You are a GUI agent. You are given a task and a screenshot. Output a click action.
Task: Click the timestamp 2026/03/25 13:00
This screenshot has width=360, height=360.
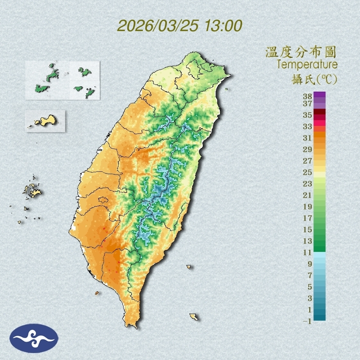click(180, 25)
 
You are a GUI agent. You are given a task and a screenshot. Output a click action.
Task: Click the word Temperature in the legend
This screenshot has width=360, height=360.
click(307, 65)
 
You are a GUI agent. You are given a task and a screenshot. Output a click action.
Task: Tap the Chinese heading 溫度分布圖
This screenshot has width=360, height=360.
click(301, 52)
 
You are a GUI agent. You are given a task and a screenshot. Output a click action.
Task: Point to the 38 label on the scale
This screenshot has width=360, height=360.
click(308, 97)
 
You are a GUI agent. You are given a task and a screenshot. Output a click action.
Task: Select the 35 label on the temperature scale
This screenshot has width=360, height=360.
click(308, 115)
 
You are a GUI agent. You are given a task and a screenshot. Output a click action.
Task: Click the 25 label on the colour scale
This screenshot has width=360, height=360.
click(308, 172)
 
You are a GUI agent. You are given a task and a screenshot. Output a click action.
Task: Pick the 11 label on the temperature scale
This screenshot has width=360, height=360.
click(308, 252)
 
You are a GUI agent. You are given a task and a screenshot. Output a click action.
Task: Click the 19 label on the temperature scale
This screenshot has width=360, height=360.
click(308, 207)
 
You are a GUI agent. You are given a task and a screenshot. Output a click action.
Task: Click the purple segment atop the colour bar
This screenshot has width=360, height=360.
click(320, 95)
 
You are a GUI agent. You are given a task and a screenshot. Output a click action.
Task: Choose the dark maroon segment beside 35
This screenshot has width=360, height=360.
click(320, 112)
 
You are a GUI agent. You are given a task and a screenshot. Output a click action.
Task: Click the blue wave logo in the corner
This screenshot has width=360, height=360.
click(34, 338)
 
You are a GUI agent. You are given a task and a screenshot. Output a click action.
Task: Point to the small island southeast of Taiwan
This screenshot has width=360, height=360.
click(194, 317)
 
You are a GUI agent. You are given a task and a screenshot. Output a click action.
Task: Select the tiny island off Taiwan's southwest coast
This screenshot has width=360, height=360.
click(97, 293)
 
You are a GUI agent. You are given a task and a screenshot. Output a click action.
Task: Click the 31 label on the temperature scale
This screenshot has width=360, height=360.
click(308, 138)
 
